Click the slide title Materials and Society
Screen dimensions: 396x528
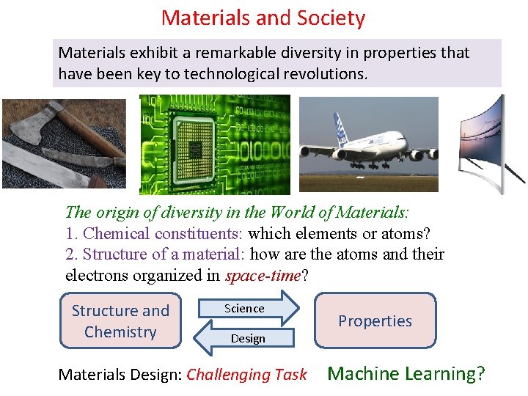click(x=263, y=17)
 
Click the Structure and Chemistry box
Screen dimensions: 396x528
click(x=120, y=321)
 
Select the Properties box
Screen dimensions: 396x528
click(x=375, y=320)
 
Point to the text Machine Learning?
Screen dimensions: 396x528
click(x=406, y=373)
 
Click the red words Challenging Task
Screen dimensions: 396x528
click(x=246, y=375)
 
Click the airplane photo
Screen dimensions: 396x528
click(x=368, y=144)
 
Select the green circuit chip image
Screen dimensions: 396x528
click(x=215, y=144)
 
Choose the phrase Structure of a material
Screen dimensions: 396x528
click(x=166, y=254)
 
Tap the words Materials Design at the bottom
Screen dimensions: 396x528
click(x=119, y=375)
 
